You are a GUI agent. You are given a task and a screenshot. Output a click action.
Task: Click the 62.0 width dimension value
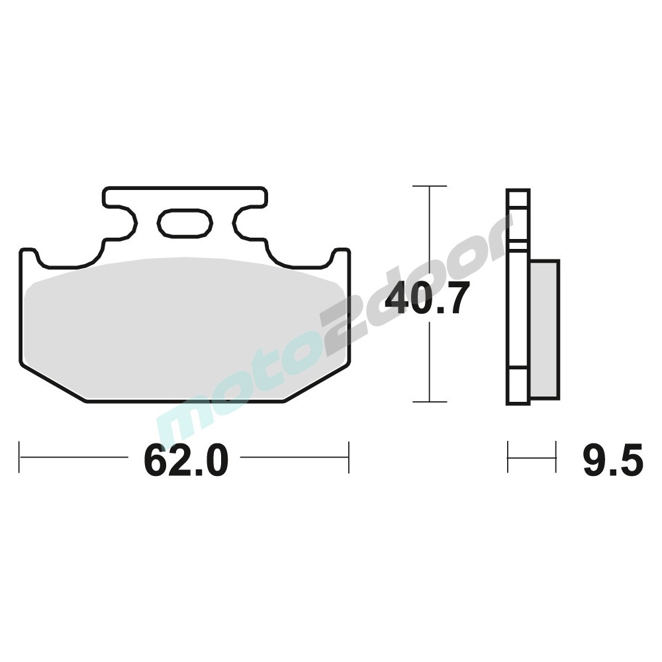pos(186,460)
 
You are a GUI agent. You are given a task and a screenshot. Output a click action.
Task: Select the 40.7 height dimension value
pos(429,299)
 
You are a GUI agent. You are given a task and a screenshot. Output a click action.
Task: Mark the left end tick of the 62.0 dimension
pos(19,457)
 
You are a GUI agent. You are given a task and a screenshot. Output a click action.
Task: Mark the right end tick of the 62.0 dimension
pos(349,457)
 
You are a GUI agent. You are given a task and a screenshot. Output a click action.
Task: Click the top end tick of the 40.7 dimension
pos(430,186)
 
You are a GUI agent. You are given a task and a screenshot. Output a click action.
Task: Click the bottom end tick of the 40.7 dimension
pos(430,402)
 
